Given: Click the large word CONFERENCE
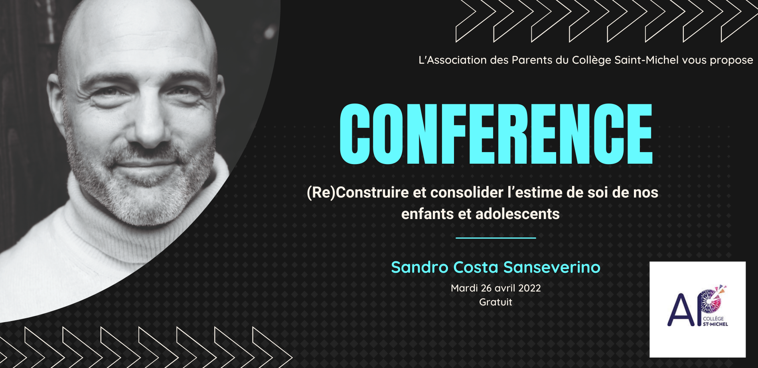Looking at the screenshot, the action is click(x=496, y=134).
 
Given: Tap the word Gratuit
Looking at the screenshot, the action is click(x=495, y=302).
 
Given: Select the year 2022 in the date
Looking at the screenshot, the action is click(x=529, y=288).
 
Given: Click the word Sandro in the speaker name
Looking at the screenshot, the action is click(x=420, y=267).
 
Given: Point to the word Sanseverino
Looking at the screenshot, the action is click(x=552, y=267).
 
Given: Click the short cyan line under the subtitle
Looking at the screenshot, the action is click(x=495, y=238).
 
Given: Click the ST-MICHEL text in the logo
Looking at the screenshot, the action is click(x=715, y=324).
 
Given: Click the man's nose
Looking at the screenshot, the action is click(x=151, y=121).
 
